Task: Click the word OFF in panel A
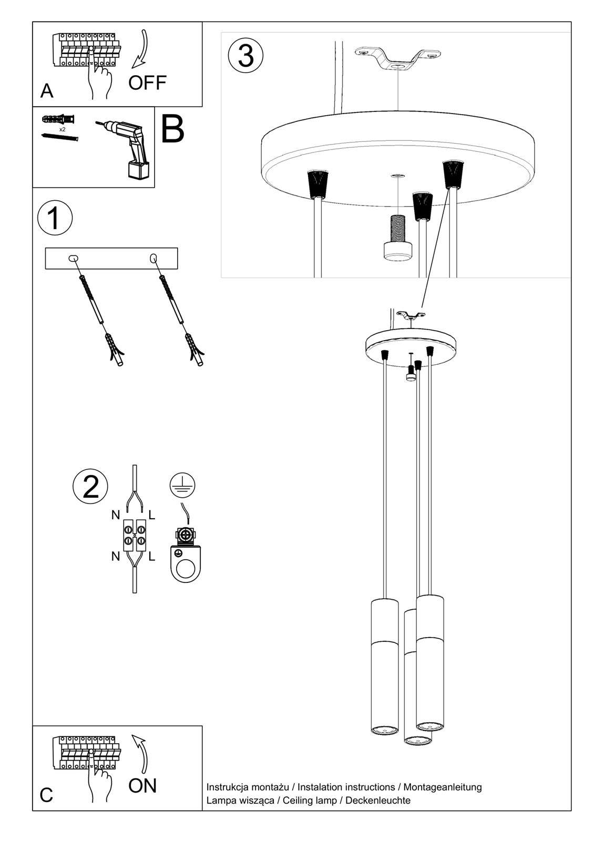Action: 147,83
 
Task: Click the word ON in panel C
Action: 142,786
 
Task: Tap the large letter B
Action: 172,129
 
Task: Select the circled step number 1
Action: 55,218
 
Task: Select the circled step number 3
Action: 245,55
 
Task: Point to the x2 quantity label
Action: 63,129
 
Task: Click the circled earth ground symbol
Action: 182,485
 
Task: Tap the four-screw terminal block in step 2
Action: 135,535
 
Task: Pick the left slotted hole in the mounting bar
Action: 73,258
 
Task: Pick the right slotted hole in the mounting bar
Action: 153,258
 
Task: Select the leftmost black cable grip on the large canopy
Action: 318,183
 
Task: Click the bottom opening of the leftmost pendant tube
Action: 385,730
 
